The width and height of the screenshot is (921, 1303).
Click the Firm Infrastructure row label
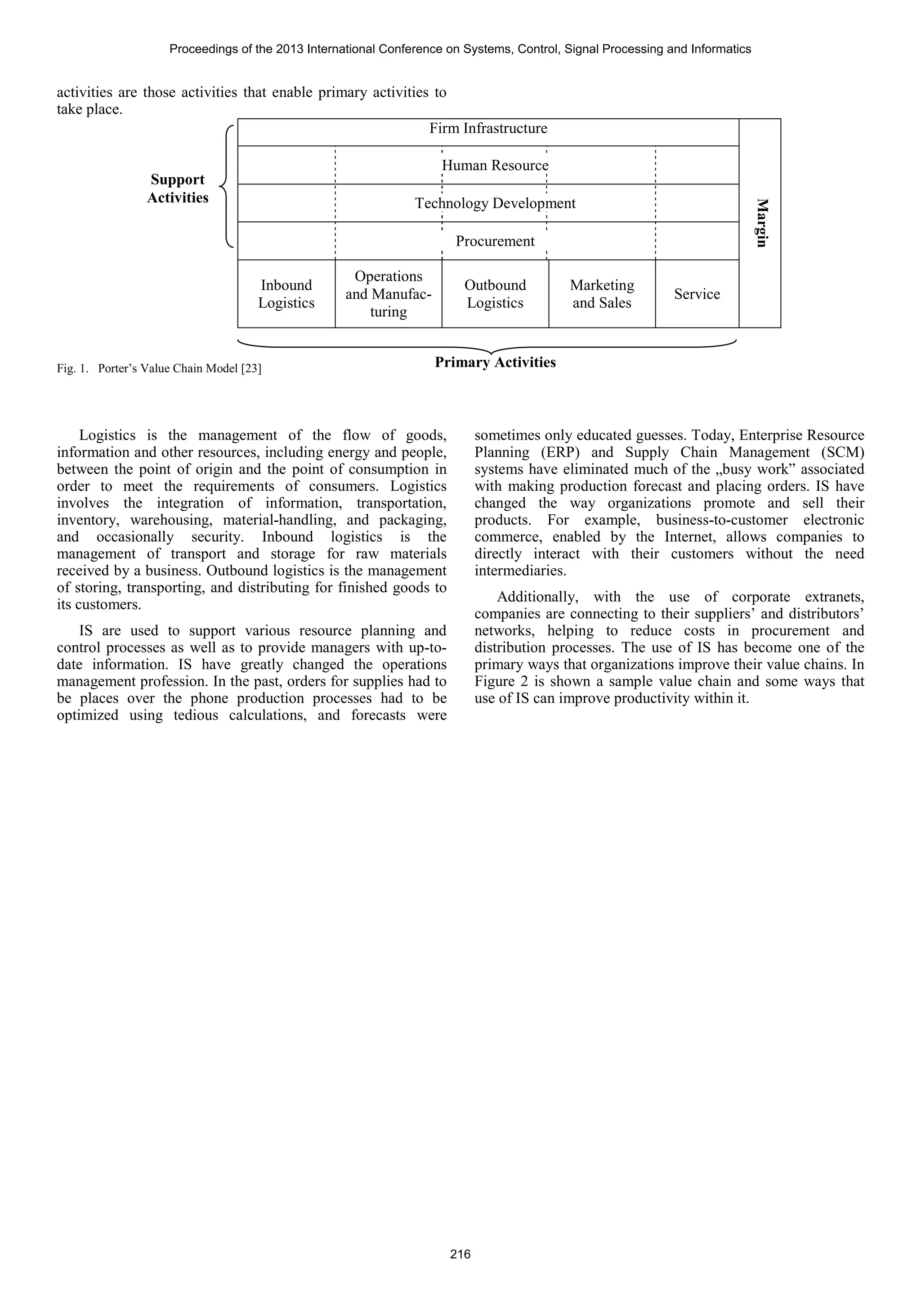click(488, 129)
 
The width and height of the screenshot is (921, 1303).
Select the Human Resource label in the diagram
click(495, 166)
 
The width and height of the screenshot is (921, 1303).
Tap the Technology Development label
click(495, 204)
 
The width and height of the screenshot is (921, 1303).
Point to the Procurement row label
click(495, 242)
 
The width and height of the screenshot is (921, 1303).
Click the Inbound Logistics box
click(286, 294)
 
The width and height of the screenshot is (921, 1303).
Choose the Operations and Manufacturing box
click(388, 294)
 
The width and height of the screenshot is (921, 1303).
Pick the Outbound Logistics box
click(495, 294)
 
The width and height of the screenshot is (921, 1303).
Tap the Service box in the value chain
click(697, 294)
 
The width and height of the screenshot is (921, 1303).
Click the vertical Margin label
click(762, 223)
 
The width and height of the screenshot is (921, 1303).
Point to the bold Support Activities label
click(178, 189)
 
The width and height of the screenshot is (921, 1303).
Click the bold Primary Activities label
click(495, 363)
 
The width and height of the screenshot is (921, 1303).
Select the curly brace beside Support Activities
click(226, 186)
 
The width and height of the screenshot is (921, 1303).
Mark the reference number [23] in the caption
click(251, 369)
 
